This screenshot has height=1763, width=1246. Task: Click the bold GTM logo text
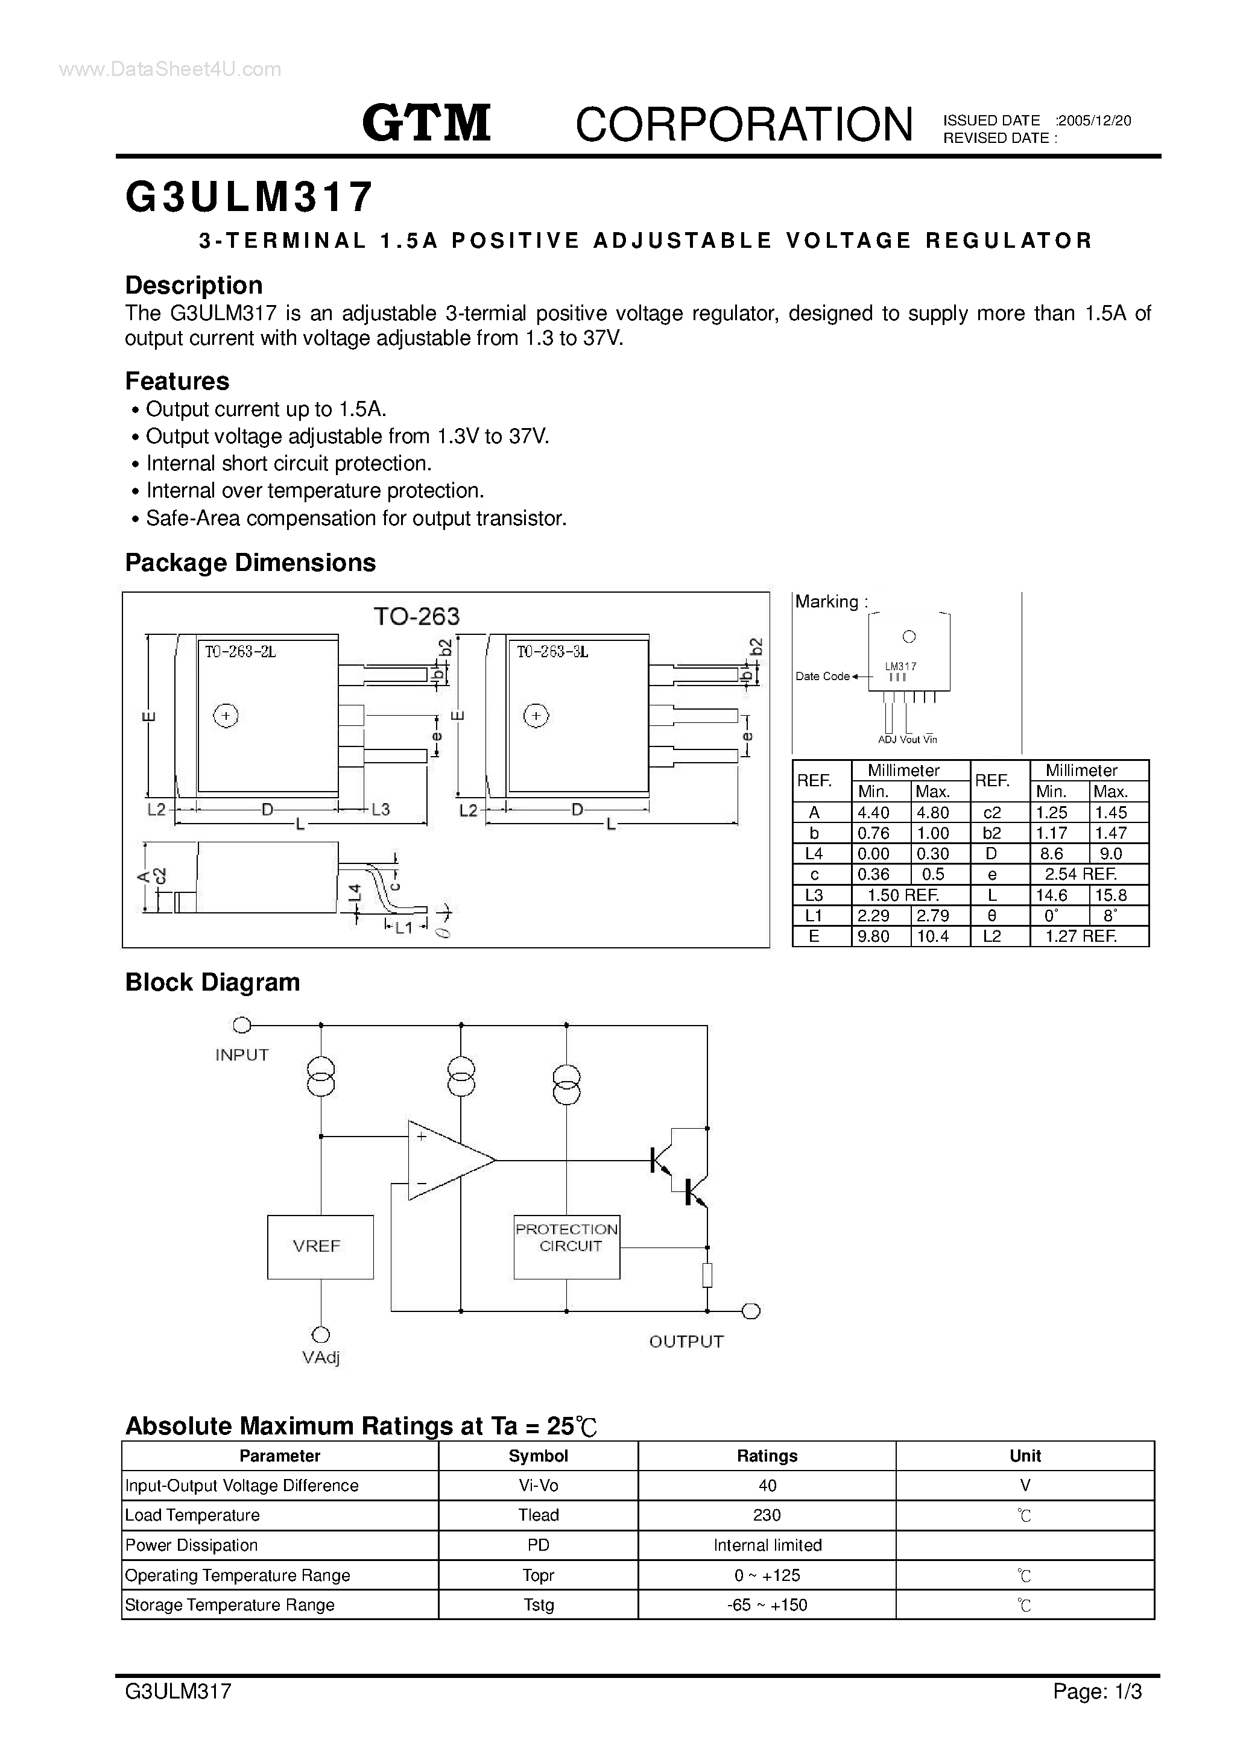426,124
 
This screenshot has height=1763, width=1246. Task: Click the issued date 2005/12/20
1094,121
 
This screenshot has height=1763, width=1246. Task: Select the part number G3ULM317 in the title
249,197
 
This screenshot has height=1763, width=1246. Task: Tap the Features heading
177,381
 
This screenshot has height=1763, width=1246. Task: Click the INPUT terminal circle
241,1024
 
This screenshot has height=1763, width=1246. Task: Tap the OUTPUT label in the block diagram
686,1342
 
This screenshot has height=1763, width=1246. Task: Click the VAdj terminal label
320,1358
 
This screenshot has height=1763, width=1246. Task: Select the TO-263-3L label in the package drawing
552,652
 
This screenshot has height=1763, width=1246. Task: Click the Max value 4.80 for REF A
932,812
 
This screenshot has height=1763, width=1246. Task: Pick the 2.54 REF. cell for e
1080,874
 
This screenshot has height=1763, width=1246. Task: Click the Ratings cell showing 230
767,1515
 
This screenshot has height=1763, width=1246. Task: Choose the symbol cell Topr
538,1575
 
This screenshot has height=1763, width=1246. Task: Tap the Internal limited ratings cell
767,1545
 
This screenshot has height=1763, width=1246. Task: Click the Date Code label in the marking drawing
822,676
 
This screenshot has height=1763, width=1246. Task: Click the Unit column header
1025,1456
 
